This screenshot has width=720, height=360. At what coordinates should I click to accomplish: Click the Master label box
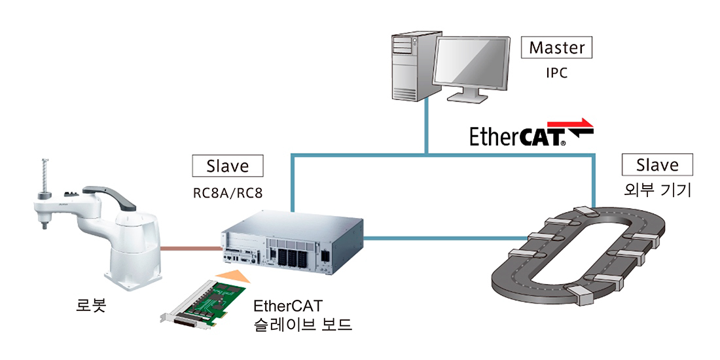pyautogui.click(x=556, y=48)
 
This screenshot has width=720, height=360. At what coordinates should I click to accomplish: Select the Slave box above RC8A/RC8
pyautogui.click(x=227, y=166)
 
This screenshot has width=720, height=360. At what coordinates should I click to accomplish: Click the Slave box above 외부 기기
pyautogui.click(x=657, y=165)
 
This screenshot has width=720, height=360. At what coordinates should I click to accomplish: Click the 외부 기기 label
pyautogui.click(x=657, y=190)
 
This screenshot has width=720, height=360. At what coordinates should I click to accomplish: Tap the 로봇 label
pyautogui.click(x=91, y=306)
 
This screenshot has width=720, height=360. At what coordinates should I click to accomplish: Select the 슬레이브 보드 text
pyautogui.click(x=302, y=325)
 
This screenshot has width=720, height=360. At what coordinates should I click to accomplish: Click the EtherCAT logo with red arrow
pyautogui.click(x=531, y=132)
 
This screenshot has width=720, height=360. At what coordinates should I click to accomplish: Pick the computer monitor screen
pyautogui.click(x=470, y=64)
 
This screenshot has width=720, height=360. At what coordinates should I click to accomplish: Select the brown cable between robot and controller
pyautogui.click(x=192, y=249)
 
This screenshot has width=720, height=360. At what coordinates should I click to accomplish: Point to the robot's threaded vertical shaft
pyautogui.click(x=45, y=175)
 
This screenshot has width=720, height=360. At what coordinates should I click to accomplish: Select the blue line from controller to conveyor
pyautogui.click(x=445, y=238)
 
